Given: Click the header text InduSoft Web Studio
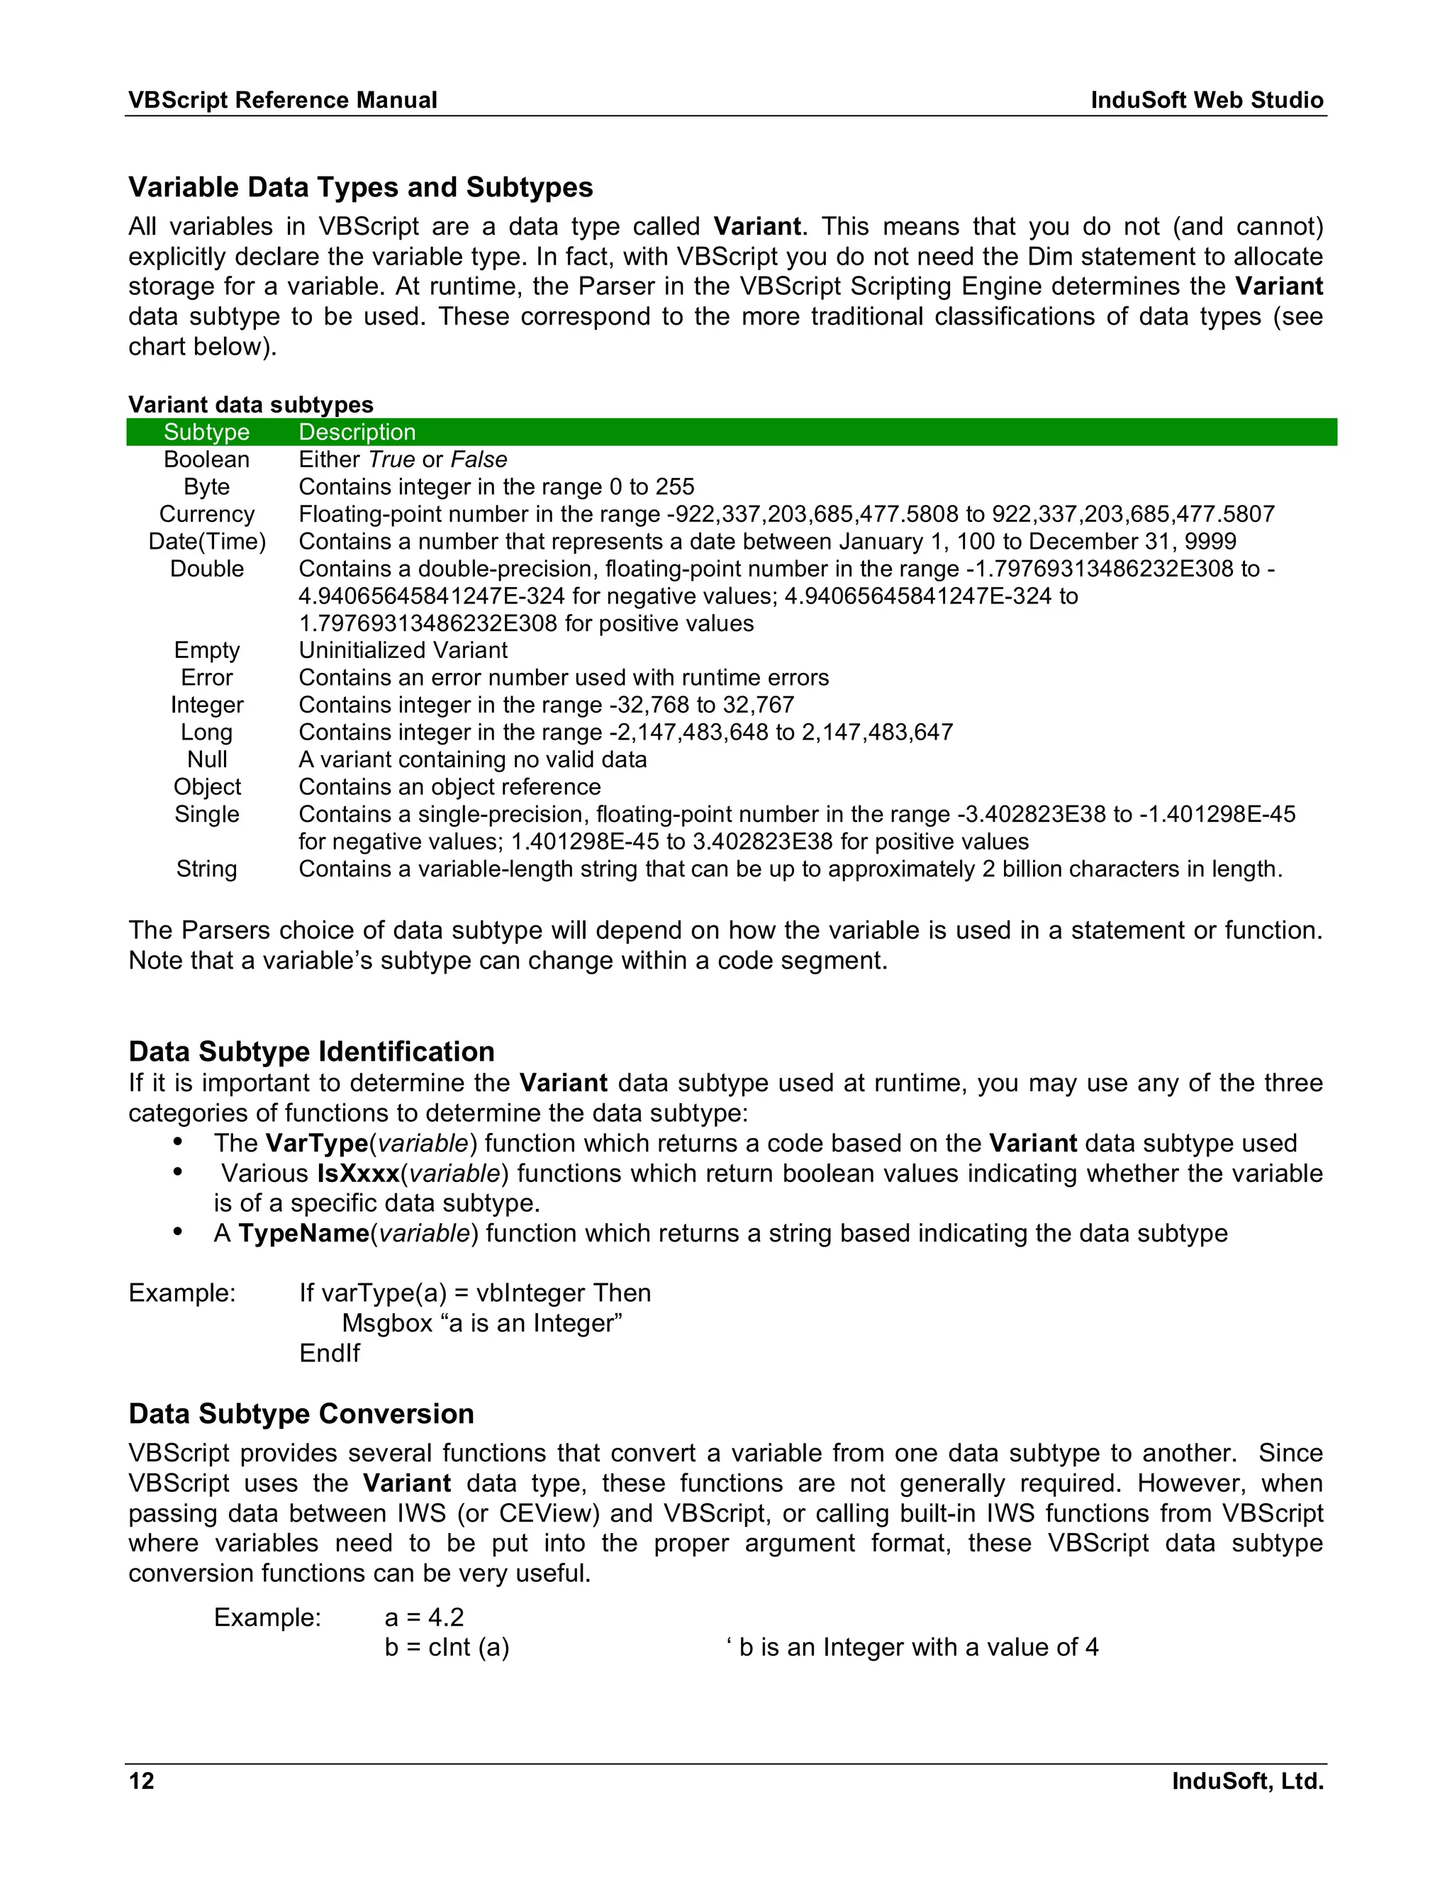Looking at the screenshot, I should [1206, 101].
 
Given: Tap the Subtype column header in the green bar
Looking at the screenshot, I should [206, 432].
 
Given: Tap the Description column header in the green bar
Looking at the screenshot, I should [357, 432].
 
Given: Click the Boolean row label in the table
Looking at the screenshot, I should [206, 459].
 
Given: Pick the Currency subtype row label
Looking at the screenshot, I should [206, 515].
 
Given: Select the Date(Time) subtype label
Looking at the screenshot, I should [206, 541].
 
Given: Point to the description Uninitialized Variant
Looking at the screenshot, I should [403, 650].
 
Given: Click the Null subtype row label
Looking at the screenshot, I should [206, 759].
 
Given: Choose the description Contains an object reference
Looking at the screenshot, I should [449, 787].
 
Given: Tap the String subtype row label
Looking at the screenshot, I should [206, 869].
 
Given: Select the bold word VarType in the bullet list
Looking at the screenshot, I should [316, 1144].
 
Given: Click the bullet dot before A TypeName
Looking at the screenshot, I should [178, 1232].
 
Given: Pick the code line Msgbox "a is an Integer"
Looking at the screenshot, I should [481, 1322].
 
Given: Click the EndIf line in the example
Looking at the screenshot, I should [330, 1354].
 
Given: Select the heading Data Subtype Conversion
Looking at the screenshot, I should [301, 1414].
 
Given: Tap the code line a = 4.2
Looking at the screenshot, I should [424, 1617].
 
